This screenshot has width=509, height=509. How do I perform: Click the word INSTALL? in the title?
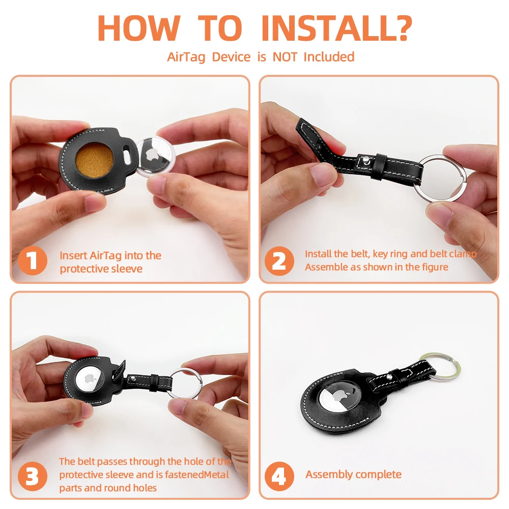point(336,28)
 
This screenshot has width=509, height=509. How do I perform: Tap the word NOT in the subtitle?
point(285,57)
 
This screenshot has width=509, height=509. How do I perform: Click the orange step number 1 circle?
point(33,261)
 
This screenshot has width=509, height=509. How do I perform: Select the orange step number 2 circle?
point(279,261)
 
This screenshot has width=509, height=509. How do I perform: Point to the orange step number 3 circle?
point(33,476)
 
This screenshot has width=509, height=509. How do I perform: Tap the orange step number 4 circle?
point(279,476)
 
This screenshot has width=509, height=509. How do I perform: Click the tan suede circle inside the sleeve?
point(95,161)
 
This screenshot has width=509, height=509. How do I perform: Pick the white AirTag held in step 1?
point(156,156)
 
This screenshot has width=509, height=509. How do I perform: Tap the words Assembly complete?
point(353,475)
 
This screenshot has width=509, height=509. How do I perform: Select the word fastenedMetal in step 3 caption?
point(196,475)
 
